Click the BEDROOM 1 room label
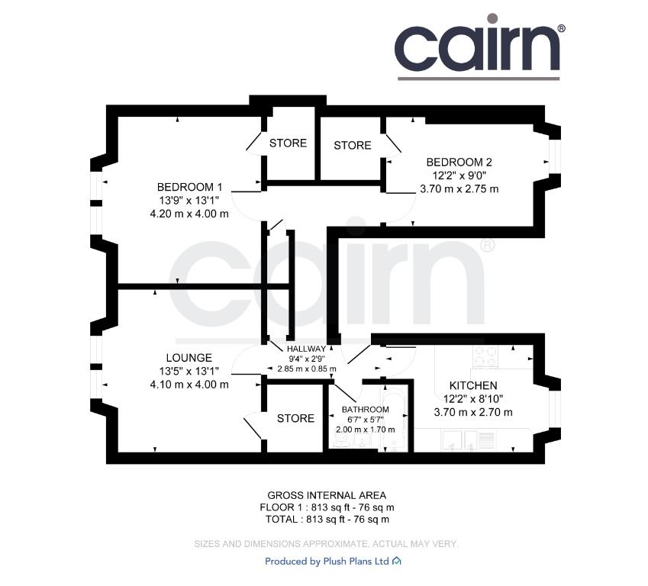pyautogui.click(x=190, y=187)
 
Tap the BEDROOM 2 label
pyautogui.click(x=459, y=162)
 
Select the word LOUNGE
pyautogui.click(x=189, y=358)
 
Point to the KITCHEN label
pyautogui.click(x=473, y=385)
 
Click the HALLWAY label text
pyautogui.click(x=306, y=349)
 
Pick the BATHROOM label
pyautogui.click(x=366, y=410)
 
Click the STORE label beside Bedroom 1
pyautogui.click(x=288, y=143)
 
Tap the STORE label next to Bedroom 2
pyautogui.click(x=353, y=146)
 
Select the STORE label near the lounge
pyautogui.click(x=295, y=419)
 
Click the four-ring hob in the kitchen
pyautogui.click(x=485, y=356)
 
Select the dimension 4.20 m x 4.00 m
pyautogui.click(x=189, y=214)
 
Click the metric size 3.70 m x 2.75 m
pyautogui.click(x=459, y=189)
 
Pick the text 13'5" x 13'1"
pyautogui.click(x=189, y=371)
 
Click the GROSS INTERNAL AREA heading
pyautogui.click(x=327, y=495)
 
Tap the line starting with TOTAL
pyautogui.click(x=327, y=520)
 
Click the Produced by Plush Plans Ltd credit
pyautogui.click(x=333, y=562)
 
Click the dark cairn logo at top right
pyautogui.click(x=479, y=47)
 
